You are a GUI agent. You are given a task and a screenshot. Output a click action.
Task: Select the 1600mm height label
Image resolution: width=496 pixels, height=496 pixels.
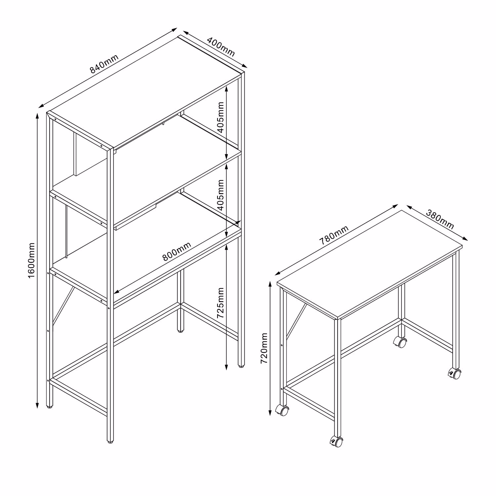click(31, 260)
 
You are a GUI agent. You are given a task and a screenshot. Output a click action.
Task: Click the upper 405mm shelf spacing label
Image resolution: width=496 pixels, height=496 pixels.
click(221, 116)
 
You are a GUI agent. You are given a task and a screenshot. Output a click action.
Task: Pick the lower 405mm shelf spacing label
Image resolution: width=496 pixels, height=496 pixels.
click(221, 195)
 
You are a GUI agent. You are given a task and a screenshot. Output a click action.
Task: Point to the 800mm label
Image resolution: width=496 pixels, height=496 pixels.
click(177, 251)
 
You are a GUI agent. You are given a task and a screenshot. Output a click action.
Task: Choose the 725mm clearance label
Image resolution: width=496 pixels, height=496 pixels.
click(221, 303)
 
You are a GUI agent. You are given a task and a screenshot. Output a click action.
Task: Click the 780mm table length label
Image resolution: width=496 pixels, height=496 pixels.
click(334, 235)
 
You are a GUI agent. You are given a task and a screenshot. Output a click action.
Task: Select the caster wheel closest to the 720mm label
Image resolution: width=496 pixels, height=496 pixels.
click(282, 410)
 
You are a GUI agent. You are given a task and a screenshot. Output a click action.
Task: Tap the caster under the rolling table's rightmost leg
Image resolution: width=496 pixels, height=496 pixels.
click(454, 374)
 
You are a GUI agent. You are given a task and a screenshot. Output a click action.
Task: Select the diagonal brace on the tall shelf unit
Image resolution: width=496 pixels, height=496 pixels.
click(63, 306)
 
